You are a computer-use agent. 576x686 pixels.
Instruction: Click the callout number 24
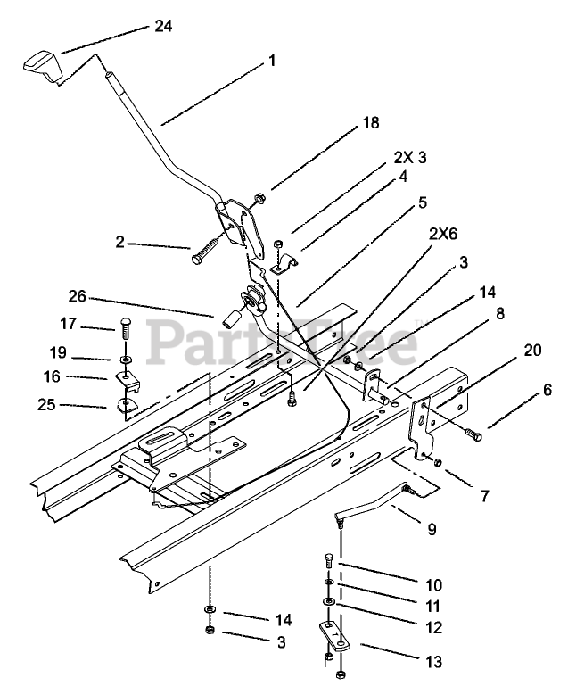162,26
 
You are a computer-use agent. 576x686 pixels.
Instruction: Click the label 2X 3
409,158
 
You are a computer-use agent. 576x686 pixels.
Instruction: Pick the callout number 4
402,177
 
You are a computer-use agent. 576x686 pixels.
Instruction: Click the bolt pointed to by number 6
473,435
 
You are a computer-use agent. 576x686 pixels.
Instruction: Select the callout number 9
432,529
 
